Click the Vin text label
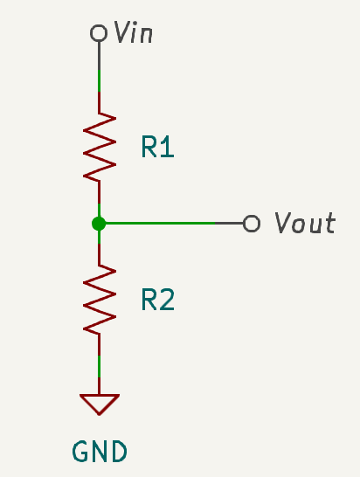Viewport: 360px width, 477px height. coord(135,33)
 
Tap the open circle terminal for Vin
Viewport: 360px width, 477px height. coord(99,34)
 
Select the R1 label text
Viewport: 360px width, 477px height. coord(157,148)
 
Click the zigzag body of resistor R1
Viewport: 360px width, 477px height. coord(99,147)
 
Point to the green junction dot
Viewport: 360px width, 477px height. coord(99,224)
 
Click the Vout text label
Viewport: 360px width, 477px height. coord(304,224)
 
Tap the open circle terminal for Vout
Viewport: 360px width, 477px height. coord(252,224)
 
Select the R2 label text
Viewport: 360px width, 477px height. coord(157,301)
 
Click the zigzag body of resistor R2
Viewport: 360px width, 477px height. coord(99,300)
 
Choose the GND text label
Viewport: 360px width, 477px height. coord(100,452)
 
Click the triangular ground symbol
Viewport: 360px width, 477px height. coord(99,404)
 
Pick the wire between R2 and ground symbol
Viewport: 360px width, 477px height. coord(99,367)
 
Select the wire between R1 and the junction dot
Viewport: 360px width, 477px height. coord(99,201)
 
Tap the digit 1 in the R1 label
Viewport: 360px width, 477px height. coord(167,148)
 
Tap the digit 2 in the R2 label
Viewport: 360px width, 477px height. coord(167,301)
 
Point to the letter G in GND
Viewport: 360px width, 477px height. coord(80,452)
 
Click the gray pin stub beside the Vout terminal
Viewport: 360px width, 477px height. coord(230,224)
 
